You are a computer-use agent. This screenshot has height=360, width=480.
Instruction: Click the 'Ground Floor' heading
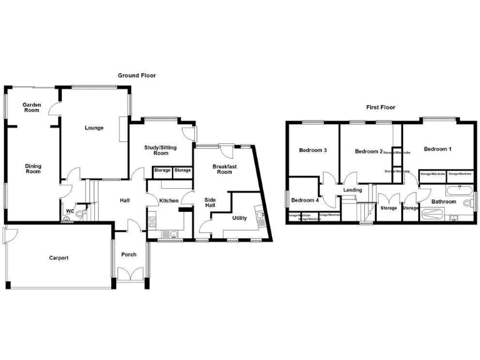pos(137,76)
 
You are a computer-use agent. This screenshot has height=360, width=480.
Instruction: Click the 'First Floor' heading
pos(380,107)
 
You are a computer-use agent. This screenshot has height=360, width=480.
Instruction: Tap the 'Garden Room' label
pos(31,107)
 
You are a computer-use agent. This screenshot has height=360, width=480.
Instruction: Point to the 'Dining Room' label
pos(32,169)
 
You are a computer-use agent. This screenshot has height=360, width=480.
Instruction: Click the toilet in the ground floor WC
pos(78,214)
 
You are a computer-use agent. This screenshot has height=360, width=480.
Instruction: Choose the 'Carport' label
pos(59,257)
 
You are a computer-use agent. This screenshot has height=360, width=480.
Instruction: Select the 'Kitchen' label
pos(169,201)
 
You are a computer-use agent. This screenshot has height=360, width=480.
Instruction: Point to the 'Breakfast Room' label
pos(224,169)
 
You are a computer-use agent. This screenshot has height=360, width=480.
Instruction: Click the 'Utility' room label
pos(239,219)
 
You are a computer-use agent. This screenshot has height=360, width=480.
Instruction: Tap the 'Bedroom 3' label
pos(312,151)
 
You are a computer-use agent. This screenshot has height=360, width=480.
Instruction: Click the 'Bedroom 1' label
pos(437,149)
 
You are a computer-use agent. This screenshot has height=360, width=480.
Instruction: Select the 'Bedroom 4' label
pos(304,200)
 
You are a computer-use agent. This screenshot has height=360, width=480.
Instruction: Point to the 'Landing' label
pos(352,190)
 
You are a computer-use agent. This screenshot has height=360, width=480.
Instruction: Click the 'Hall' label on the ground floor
pos(124,201)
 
